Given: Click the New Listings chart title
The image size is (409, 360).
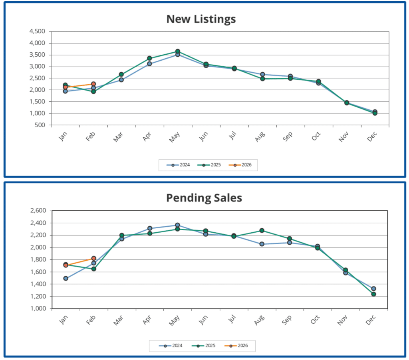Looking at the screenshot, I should (201, 19).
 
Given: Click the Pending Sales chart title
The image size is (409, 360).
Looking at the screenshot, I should (204, 198).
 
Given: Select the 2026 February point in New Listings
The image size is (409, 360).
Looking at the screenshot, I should (93, 84).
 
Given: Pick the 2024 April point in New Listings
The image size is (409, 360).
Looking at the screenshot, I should (149, 64).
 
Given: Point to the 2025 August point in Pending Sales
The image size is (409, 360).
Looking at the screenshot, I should (262, 230).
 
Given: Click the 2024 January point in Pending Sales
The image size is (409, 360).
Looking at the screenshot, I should (66, 278).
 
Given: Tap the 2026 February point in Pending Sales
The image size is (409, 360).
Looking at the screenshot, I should (93, 258).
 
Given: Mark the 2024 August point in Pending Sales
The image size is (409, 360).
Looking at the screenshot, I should (262, 244).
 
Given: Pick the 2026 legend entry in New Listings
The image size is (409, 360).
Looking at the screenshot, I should (244, 165).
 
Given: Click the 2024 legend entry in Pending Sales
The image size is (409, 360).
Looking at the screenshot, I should (174, 345).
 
